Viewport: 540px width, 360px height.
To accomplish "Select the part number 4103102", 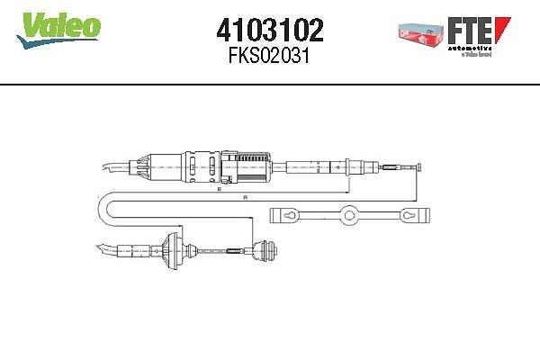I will (269, 30).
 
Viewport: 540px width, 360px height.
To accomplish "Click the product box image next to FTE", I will (422, 32).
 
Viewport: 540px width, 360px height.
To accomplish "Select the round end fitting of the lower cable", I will (267, 250).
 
